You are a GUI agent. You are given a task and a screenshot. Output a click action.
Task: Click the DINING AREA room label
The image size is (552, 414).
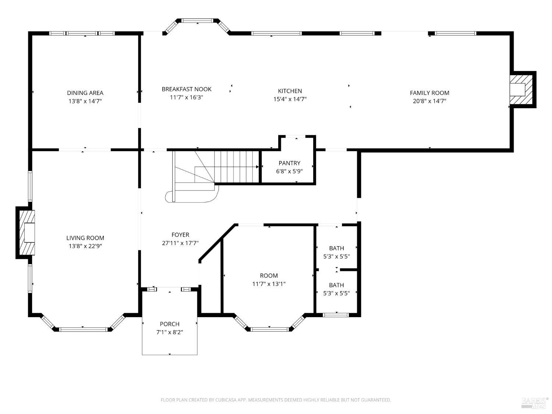coord(85,93)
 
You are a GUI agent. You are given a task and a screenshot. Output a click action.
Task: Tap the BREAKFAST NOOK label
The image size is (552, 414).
coord(187,89)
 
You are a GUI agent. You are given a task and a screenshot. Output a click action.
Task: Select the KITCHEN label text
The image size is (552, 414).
coord(290,91)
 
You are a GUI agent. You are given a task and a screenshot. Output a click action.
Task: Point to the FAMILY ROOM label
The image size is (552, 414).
coord(429,93)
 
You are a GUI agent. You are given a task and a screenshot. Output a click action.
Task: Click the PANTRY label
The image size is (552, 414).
coord(289,163)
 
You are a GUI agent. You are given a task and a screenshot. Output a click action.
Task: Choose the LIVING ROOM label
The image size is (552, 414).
coord(85,238)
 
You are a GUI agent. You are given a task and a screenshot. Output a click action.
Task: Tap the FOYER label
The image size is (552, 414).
coord(180,235)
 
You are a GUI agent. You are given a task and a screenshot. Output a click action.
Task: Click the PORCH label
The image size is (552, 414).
coord(170,324)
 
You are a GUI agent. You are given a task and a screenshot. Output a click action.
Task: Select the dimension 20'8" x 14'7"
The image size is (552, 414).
coord(429,101)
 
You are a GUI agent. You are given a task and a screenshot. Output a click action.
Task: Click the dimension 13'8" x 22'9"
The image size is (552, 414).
coord(85,246)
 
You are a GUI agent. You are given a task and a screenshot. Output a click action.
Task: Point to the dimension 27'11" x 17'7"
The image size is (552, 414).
coord(180,243)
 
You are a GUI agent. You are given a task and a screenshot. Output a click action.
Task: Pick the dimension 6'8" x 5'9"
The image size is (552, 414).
coord(289,171)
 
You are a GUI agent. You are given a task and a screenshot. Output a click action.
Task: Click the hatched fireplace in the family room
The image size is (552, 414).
coord(522,89)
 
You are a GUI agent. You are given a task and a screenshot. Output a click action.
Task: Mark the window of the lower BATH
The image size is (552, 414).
coord(335,315)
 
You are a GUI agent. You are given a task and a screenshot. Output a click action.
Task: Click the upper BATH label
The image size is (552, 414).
coord(336,248)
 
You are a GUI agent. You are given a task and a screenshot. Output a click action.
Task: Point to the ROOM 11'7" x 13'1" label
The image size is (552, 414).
coord(269,276)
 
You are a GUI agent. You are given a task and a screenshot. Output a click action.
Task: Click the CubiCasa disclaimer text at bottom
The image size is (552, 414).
coord(276,400)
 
